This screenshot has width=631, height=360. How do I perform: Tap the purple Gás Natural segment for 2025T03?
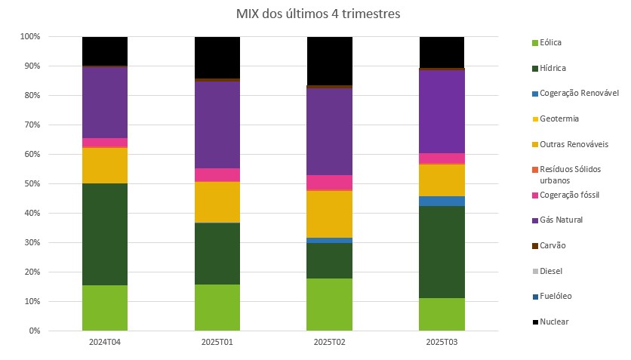[x=442, y=111]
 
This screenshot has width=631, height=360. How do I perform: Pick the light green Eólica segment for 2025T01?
[x=217, y=307]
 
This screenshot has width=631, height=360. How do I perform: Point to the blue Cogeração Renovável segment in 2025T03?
[x=442, y=201]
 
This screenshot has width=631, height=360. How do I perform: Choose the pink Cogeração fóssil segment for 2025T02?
[x=329, y=182]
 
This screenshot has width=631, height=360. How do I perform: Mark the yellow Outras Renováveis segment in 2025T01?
[x=217, y=202]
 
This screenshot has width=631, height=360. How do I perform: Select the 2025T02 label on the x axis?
[x=329, y=342]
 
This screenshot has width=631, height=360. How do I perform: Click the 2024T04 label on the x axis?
[x=105, y=342]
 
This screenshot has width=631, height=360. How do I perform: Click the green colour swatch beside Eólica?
[x=535, y=43]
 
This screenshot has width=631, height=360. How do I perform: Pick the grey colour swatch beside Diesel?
[x=535, y=271]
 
